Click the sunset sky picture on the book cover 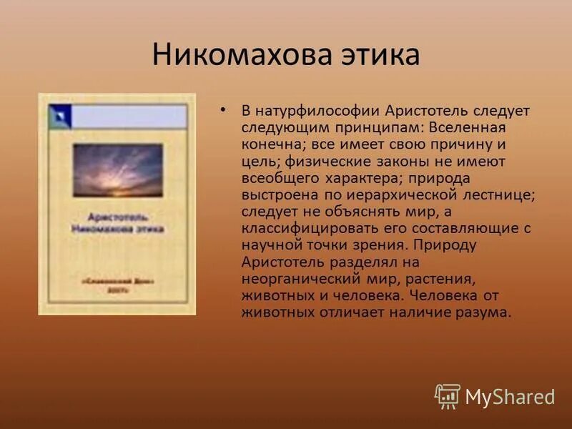[x=118, y=170]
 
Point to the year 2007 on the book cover [x=117, y=292]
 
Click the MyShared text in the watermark [x=510, y=397]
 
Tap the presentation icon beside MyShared [x=448, y=396]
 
